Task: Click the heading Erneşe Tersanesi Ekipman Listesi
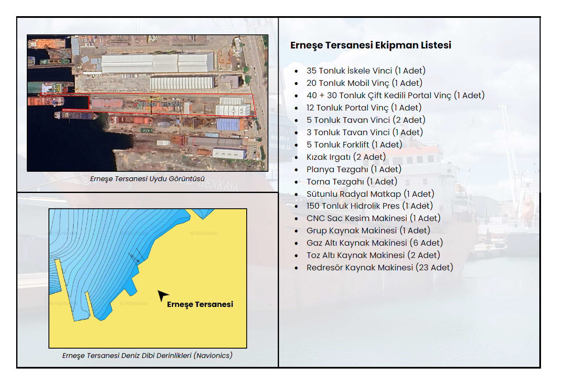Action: coord(370,45)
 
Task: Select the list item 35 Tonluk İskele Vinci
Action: coord(366,71)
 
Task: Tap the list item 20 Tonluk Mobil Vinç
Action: coord(365,83)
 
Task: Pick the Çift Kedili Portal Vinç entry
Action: coord(396,95)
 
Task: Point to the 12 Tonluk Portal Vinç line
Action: coord(364,108)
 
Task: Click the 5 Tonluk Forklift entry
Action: coord(354,145)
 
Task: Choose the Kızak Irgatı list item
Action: coord(346,157)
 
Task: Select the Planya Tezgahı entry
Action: coord(354,169)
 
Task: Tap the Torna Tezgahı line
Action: coord(352,182)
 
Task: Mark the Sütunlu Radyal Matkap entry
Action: coord(370,194)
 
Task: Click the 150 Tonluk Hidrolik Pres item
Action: coord(370,206)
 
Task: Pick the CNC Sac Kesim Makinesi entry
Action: coord(373,218)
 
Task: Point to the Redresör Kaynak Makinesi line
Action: coord(380,267)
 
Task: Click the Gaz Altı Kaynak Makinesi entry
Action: coord(375,243)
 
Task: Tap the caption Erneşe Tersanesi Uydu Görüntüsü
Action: coord(147,179)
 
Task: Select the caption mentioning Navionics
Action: coord(147,355)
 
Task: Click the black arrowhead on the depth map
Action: coord(162,295)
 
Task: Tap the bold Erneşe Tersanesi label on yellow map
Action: coord(200,304)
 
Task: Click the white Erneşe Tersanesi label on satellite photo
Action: coord(160,104)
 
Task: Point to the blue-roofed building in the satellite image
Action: coord(230,124)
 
